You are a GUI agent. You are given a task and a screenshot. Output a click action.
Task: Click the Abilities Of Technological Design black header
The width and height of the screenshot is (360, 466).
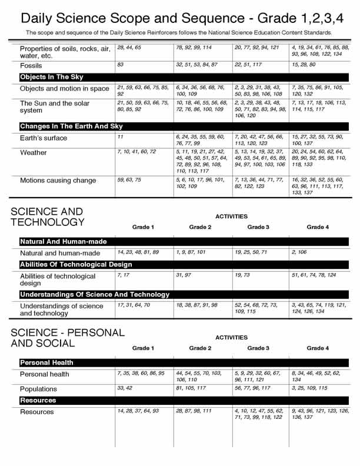pyautogui.click(x=77, y=264)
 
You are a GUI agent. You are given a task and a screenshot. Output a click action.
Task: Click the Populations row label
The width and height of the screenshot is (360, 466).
pyautogui.click(x=38, y=389)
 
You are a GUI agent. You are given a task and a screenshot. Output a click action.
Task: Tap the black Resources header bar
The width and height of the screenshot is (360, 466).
pyautogui.click(x=38, y=400)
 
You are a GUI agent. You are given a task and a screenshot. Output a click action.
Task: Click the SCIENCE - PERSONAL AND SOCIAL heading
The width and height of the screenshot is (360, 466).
pyautogui.click(x=68, y=337)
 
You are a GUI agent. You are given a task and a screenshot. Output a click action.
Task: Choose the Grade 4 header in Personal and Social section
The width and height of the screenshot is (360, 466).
pyautogui.click(x=318, y=348)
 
